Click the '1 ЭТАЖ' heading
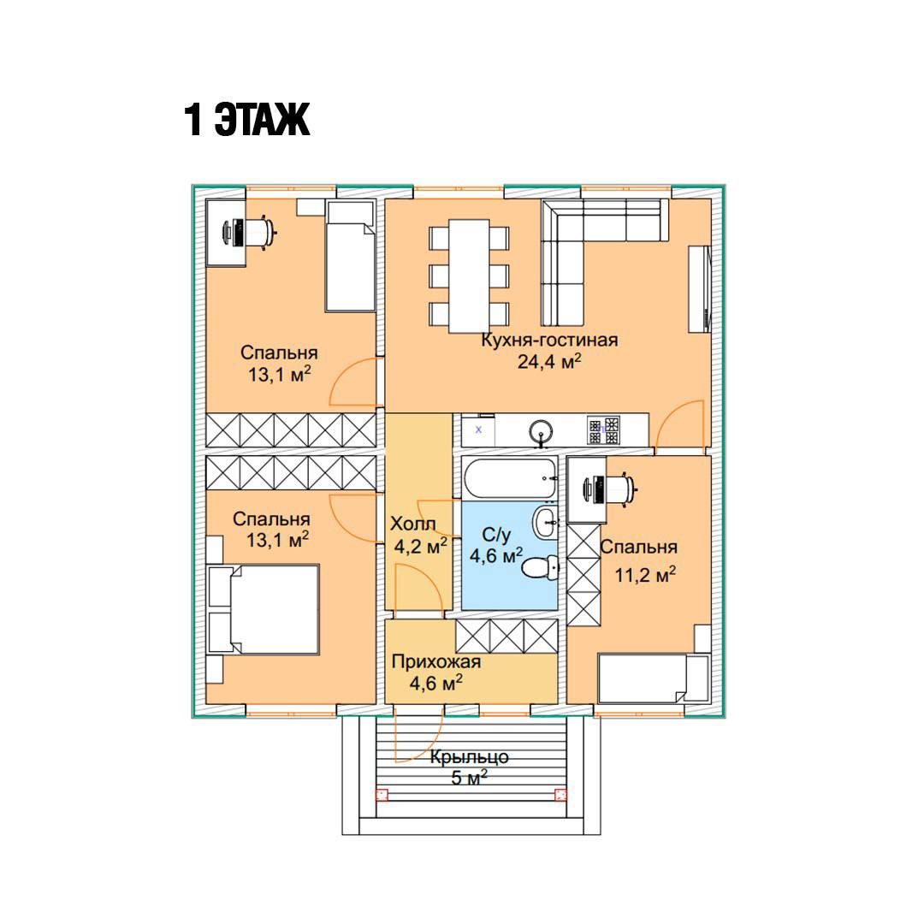[247, 120]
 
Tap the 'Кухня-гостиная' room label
[549, 340]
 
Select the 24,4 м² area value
[549, 361]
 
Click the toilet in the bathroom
[541, 568]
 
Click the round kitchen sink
[541, 431]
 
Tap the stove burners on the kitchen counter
[603, 430]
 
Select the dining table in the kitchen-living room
[469, 275]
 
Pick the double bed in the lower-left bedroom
[264, 609]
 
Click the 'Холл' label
[413, 524]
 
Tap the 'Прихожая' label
[436, 661]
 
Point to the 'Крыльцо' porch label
[469, 756]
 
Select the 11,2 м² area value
[645, 574]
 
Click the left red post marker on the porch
[382, 795]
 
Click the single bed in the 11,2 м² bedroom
[651, 678]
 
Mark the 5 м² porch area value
[469, 778]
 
